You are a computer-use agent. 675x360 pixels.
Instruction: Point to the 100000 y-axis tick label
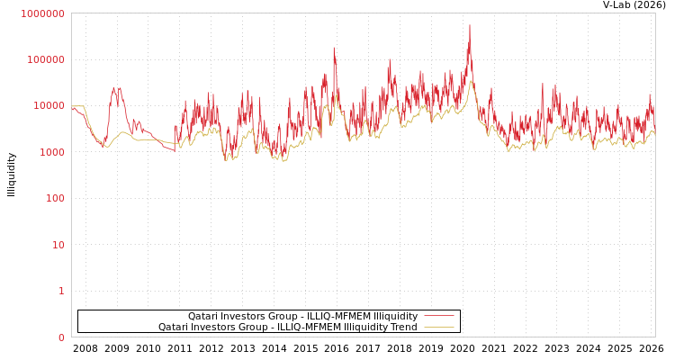pyautogui.click(x=45, y=59)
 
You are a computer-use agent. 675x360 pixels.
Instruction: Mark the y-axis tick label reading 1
pyautogui.click(x=61, y=291)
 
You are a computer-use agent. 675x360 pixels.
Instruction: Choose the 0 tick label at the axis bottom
pyautogui.click(x=61, y=337)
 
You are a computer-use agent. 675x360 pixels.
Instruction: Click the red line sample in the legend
pyautogui.click(x=438, y=317)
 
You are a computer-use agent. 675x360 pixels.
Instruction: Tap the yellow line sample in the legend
pyautogui.click(x=438, y=328)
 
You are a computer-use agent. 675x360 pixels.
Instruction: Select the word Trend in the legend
pyautogui.click(x=403, y=328)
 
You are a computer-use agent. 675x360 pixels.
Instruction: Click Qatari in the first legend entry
pyautogui.click(x=204, y=317)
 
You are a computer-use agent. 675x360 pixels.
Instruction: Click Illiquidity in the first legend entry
pyautogui.click(x=395, y=317)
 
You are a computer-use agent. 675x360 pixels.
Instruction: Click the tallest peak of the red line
pyautogui.click(x=469, y=25)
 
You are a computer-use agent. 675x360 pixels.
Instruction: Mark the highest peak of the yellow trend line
pyautogui.click(x=470, y=82)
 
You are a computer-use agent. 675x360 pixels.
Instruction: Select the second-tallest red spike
pyautogui.click(x=334, y=48)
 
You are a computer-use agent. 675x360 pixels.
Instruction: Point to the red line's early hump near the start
pyautogui.click(x=115, y=88)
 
